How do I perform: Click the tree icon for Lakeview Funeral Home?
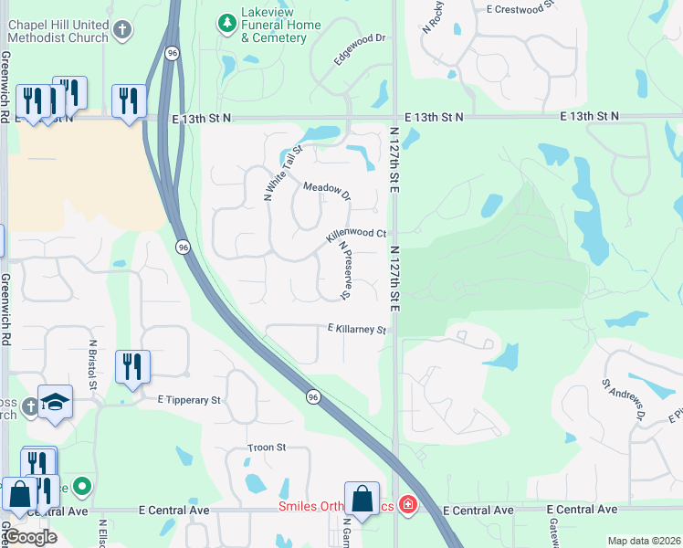pos(226,19)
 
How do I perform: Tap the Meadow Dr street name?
pos(327,191)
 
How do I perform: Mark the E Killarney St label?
pos(357,329)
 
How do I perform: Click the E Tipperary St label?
pos(189,400)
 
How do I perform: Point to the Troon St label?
pos(267,448)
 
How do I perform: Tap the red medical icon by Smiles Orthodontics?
pos(406,504)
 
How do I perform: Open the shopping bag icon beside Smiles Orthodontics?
pos(362,499)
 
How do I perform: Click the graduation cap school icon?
pos(55,401)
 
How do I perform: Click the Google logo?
pos(30,537)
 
